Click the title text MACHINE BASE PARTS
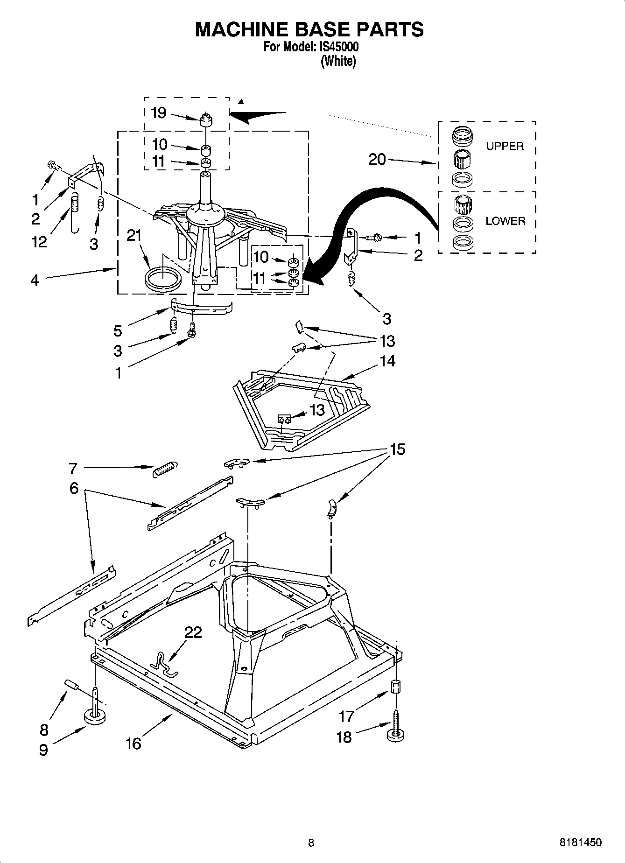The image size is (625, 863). coord(309,29)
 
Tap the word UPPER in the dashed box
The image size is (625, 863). coord(505,146)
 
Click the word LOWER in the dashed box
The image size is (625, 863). coord(505,221)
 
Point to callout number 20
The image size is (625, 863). coord(377,160)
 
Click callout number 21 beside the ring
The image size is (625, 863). coord(134,236)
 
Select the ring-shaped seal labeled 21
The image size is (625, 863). coord(162,279)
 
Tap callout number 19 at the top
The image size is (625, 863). coord(159,112)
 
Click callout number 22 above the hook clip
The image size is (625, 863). coord(193,632)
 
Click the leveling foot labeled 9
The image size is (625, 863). coord(95,715)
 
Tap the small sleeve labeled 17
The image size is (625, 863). coord(396,687)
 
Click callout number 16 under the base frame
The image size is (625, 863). coord(133,743)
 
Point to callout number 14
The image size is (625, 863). coord(387,361)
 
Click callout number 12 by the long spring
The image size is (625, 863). coord(40,241)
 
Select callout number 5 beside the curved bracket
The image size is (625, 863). coord(118,331)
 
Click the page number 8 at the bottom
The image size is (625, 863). coord(311,842)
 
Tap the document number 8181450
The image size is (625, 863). coord(580,842)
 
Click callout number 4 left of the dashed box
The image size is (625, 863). coord(35,280)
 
